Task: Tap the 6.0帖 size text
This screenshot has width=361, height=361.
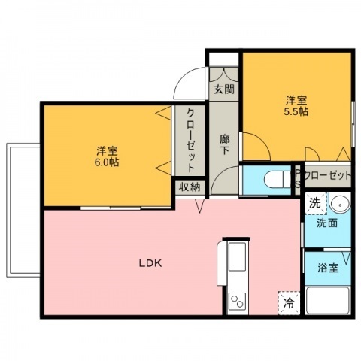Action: (106, 162)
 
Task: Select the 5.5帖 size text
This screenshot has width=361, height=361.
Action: (295, 111)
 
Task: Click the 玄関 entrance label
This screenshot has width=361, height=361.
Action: (223, 89)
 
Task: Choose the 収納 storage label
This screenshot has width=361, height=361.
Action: (189, 187)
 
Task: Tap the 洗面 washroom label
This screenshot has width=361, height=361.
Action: (326, 223)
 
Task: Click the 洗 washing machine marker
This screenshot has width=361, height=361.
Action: (316, 202)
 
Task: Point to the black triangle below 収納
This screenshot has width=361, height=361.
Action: (200, 206)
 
